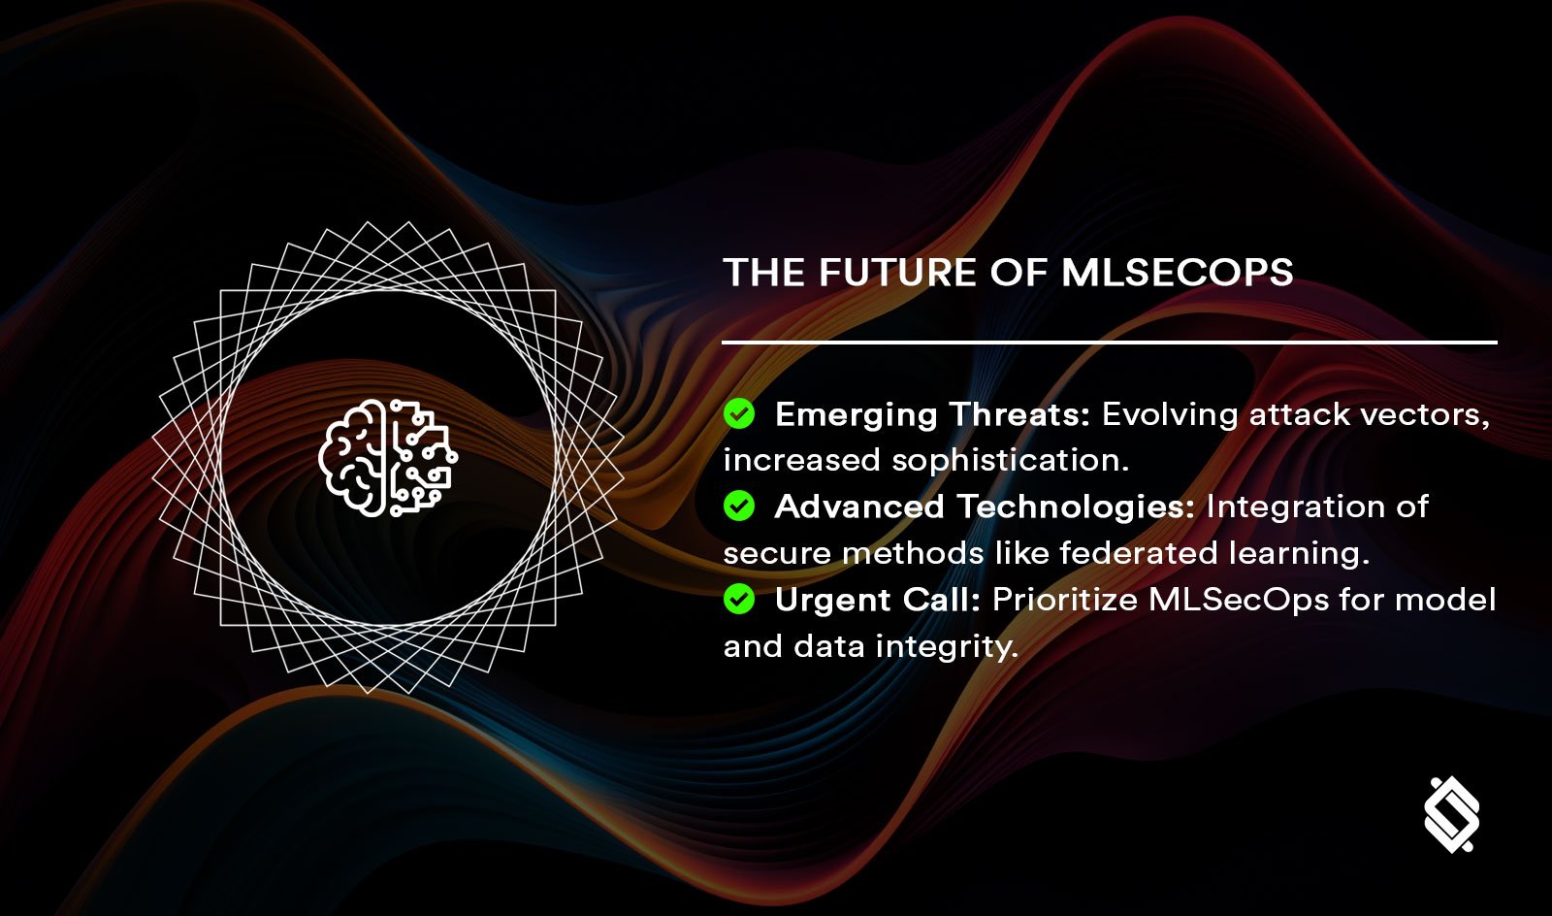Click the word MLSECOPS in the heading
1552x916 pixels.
pos(1177,273)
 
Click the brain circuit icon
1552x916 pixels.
pos(388,457)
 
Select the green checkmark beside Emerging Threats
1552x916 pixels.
pos(739,414)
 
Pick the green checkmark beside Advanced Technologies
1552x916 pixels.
pos(739,507)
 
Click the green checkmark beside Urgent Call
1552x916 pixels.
pos(739,600)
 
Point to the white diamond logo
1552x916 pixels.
pos(1451,814)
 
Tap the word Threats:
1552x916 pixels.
pos(1019,414)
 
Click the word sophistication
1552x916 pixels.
pos(1010,461)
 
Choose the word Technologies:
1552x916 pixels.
pos(1076,507)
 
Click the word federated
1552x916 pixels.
pos(1138,553)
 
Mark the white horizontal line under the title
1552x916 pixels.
pos(1109,343)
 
